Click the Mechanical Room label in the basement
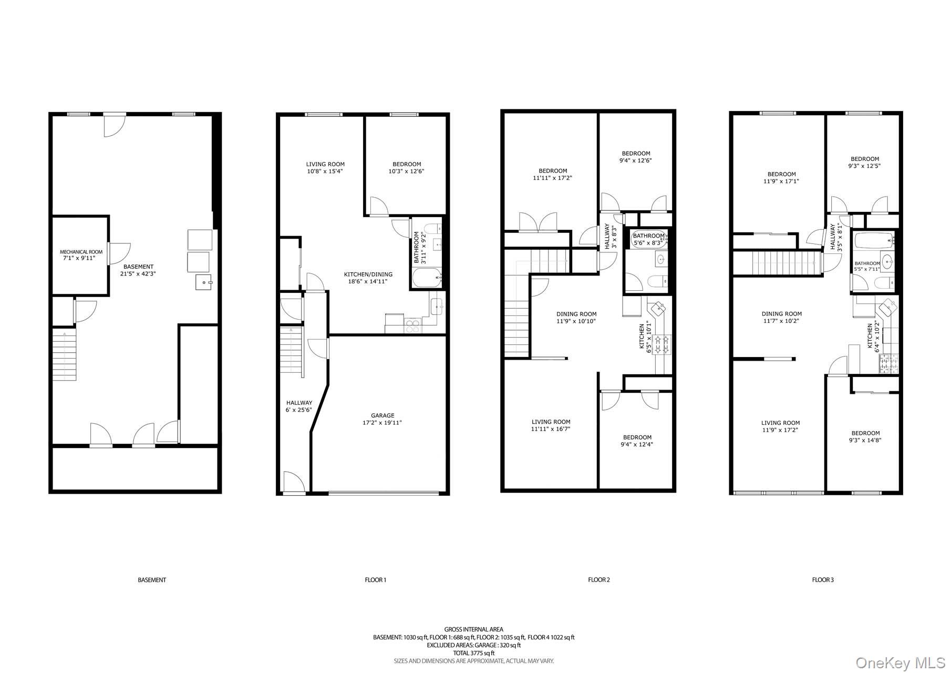point(81,255)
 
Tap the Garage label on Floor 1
point(383,419)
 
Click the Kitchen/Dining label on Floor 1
point(368,278)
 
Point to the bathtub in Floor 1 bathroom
point(426,278)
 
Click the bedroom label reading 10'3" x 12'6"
point(407,168)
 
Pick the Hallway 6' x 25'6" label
point(299,406)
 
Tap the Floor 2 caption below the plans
point(599,580)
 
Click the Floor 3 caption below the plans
point(823,580)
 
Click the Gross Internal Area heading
point(473,629)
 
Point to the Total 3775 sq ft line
point(473,653)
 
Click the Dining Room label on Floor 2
point(576,318)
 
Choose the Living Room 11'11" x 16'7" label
point(551,425)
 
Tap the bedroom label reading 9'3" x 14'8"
point(865,437)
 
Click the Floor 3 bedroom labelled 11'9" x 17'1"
point(781,178)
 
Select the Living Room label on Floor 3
point(780,426)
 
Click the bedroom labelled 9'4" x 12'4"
point(637,441)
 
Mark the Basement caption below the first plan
point(152,580)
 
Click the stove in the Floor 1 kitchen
point(412,326)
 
